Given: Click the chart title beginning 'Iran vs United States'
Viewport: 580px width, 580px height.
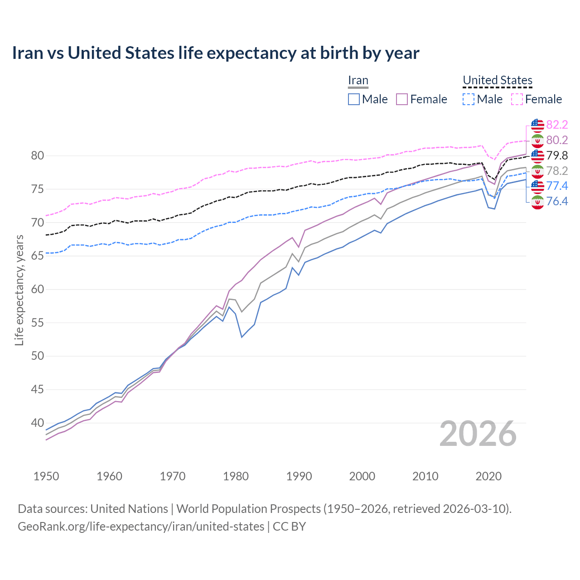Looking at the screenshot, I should tap(216, 53).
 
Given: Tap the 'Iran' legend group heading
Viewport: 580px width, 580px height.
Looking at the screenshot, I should tap(358, 80).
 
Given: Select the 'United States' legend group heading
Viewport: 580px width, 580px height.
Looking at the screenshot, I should tap(497, 80).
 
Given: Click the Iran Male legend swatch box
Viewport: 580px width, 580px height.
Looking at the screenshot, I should tap(354, 99).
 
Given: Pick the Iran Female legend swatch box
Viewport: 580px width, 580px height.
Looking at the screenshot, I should tap(402, 99).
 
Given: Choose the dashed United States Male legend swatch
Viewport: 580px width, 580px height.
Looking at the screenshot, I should tap(469, 99).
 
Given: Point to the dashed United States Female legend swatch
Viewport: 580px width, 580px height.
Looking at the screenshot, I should tap(517, 99).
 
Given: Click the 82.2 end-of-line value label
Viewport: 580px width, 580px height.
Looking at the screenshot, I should tap(557, 125).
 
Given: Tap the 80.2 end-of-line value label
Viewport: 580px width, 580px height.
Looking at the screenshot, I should tap(557, 140).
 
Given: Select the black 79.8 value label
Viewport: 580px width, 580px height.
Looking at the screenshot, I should tap(557, 155).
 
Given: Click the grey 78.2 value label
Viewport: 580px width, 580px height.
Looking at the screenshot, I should tap(557, 171).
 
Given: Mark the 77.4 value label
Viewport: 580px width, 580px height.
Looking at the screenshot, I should tap(557, 186).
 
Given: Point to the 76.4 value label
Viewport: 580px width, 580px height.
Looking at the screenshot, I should tap(557, 201).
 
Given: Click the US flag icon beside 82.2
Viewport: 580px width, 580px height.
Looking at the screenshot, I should tap(537, 125).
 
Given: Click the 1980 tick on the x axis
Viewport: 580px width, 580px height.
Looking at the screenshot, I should tap(236, 476).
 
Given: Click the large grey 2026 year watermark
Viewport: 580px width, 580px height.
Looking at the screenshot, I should tap(478, 434).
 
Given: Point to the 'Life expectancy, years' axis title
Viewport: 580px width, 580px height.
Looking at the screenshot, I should tap(19, 290).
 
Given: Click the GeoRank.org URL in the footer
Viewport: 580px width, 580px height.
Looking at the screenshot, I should tap(141, 527).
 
